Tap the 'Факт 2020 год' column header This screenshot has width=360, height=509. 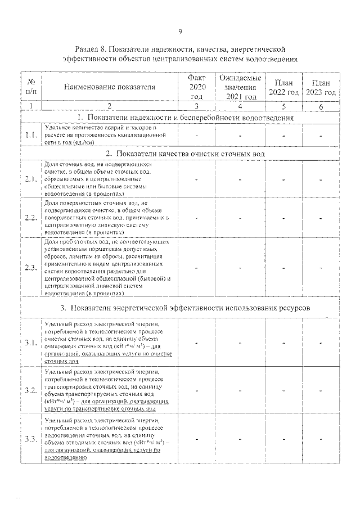tap(197, 87)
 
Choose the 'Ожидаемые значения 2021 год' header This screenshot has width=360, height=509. tap(240, 87)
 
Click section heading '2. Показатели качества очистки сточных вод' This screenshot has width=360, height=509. tap(185, 154)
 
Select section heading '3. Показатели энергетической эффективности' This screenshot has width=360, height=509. tap(185, 308)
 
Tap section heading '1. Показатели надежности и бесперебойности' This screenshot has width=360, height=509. tap(185, 118)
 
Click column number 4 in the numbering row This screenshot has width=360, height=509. tap(240, 105)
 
